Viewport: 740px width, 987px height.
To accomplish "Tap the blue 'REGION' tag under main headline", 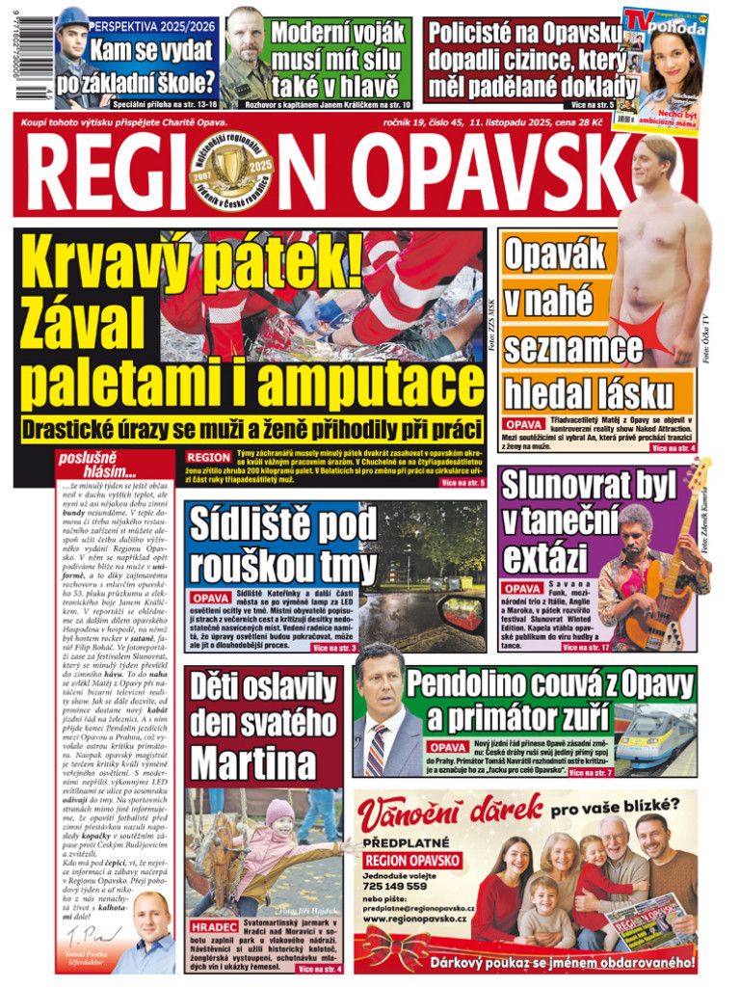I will point(208,457).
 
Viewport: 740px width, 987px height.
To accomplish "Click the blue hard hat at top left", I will point(73,18).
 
